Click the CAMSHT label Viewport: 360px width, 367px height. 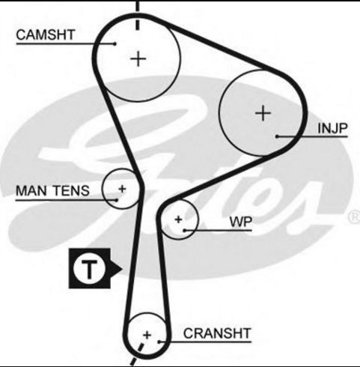(x=46, y=34)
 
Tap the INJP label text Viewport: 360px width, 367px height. (x=332, y=128)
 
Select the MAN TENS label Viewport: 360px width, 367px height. (x=52, y=191)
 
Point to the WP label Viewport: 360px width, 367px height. (x=241, y=222)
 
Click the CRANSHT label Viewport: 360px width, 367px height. (x=217, y=333)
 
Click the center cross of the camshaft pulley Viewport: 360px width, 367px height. (x=138, y=59)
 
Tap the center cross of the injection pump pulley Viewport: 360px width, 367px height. (x=263, y=113)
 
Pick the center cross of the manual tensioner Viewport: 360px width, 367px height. (x=122, y=189)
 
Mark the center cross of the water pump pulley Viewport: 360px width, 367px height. (x=178, y=219)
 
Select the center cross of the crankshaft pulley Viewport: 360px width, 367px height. (x=147, y=335)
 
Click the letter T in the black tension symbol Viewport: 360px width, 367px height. (x=89, y=269)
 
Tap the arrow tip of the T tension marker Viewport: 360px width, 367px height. (x=122, y=269)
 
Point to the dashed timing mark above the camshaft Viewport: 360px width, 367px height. (x=137, y=15)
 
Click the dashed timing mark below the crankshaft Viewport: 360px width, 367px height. (x=137, y=354)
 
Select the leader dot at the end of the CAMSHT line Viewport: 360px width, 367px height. (x=115, y=44)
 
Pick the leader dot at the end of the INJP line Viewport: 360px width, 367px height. (x=277, y=136)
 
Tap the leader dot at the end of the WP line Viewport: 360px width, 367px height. (x=184, y=230)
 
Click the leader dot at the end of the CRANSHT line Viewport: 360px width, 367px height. (x=159, y=342)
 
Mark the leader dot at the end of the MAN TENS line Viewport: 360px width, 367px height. (x=117, y=200)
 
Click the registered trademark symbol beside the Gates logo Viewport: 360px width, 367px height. (x=354, y=217)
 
